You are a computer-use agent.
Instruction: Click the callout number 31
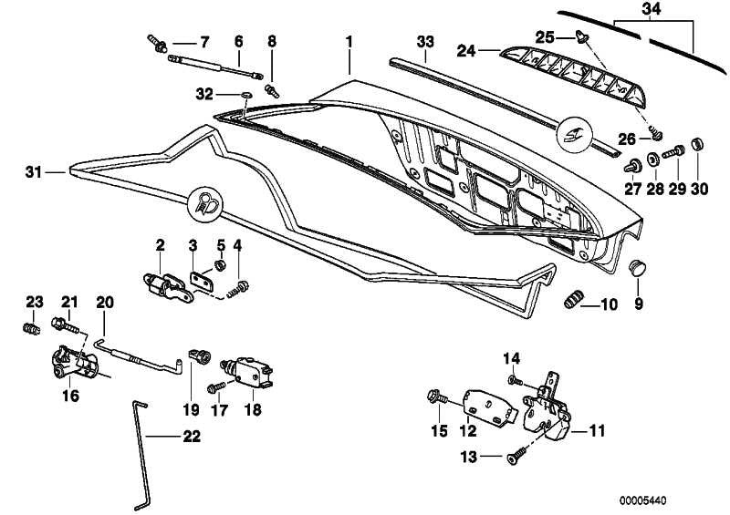coord(34,172)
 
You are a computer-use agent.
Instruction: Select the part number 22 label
coord(192,437)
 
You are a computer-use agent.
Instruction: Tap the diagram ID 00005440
coord(642,500)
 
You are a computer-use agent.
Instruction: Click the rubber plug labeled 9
coord(636,267)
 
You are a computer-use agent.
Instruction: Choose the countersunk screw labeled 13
coord(516,455)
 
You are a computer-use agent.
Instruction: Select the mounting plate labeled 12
coord(489,407)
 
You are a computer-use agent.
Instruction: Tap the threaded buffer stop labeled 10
coord(574,298)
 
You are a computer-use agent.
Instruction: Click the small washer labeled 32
coord(246,96)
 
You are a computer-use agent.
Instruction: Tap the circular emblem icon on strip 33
coord(576,133)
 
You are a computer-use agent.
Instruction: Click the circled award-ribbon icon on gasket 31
coord(204,204)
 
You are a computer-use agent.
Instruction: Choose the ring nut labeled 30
coord(697,144)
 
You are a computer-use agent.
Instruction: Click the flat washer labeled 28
coord(653,160)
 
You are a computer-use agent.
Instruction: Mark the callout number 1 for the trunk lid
coord(349,42)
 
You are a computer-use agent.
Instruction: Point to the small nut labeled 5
coord(219,265)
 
